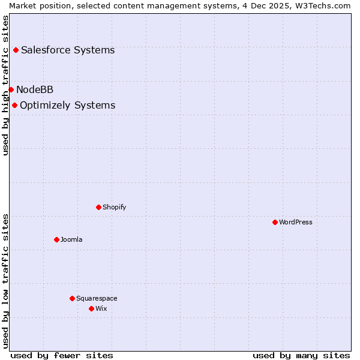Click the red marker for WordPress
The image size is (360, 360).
pyautogui.click(x=275, y=222)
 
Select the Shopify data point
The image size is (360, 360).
pyautogui.click(x=98, y=207)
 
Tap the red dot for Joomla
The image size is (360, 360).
pyautogui.click(x=56, y=239)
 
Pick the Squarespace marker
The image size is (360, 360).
pyautogui.click(x=72, y=298)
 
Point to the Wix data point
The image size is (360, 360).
pyautogui.click(x=91, y=308)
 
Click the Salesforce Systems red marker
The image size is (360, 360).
pyautogui.click(x=16, y=50)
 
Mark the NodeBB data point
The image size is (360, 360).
pyautogui.click(x=11, y=89)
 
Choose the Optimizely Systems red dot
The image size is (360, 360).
pyautogui.click(x=14, y=105)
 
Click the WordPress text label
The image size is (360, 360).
pyautogui.click(x=296, y=222)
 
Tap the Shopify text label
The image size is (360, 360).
pyautogui.click(x=115, y=207)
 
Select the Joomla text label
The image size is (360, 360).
pyautogui.click(x=71, y=239)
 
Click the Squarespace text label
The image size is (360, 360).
pyautogui.click(x=97, y=298)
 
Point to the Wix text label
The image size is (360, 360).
pyautogui.click(x=101, y=308)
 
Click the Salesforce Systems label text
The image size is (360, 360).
pyautogui.click(x=68, y=50)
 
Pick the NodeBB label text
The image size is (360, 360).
pyautogui.click(x=35, y=89)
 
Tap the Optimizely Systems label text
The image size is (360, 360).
pyautogui.click(x=68, y=105)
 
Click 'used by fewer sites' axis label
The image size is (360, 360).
pyautogui.click(x=62, y=355)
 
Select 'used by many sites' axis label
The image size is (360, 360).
pyautogui.click(x=301, y=355)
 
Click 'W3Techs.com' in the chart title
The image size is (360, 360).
pyautogui.click(x=325, y=5)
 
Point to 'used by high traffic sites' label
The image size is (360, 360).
pyautogui.click(x=5, y=85)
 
